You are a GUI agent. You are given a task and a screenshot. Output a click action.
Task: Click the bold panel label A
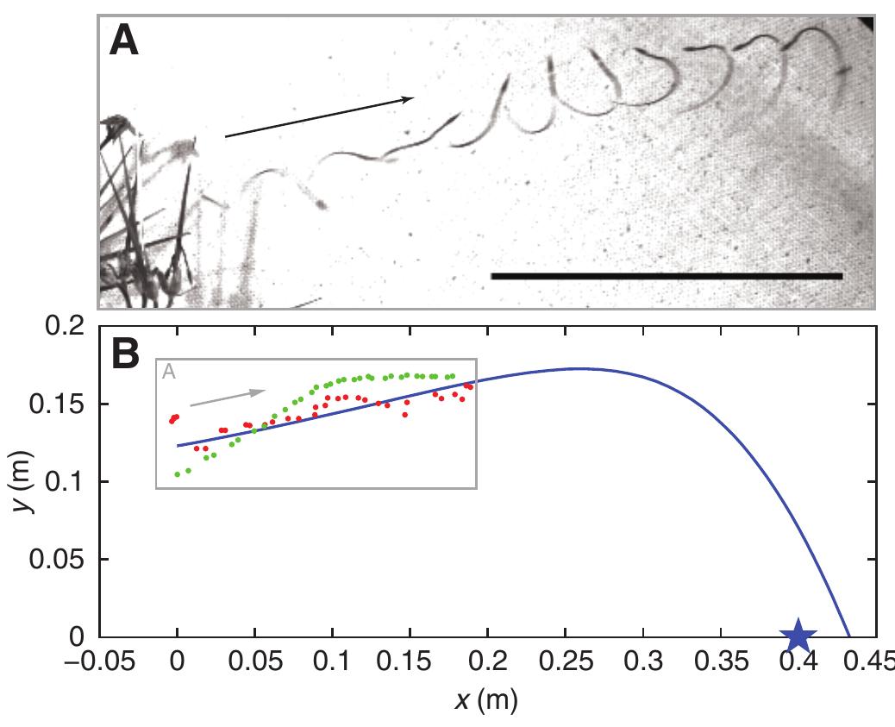pos(124,41)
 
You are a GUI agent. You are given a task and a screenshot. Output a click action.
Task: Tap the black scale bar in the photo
pos(666,276)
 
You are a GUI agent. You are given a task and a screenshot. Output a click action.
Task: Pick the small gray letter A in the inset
pos(167,371)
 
